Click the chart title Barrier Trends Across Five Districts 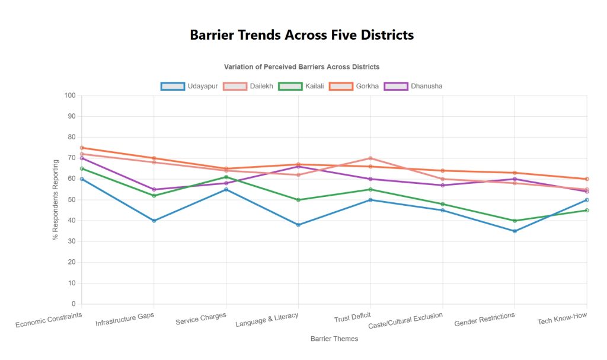pyautogui.click(x=302, y=35)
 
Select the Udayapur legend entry pyautogui.click(x=189, y=86)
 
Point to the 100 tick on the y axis pyautogui.click(x=71, y=95)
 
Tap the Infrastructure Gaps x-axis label pyautogui.click(x=125, y=320)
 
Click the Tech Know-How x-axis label pyautogui.click(x=562, y=319)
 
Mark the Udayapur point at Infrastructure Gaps pyautogui.click(x=154, y=221)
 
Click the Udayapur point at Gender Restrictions pyautogui.click(x=515, y=231)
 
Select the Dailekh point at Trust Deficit pyautogui.click(x=370, y=158)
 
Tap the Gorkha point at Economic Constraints pyautogui.click(x=82, y=148)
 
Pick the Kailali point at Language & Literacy pyautogui.click(x=298, y=200)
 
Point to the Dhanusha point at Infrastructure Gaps pyautogui.click(x=154, y=189)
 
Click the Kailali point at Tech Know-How pyautogui.click(x=587, y=210)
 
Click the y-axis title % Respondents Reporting pyautogui.click(x=55, y=200)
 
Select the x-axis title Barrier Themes pyautogui.click(x=334, y=339)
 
